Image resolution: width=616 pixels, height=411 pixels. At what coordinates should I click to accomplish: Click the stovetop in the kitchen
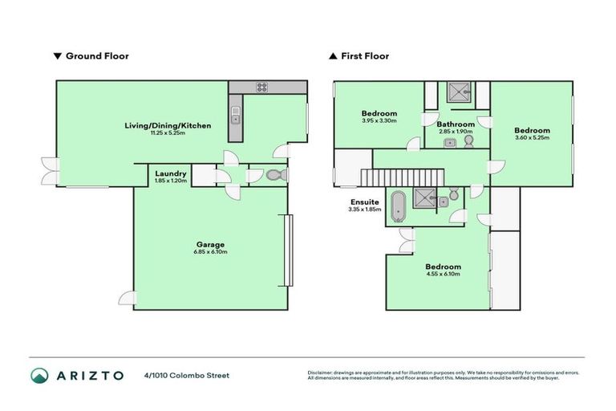click(261, 87)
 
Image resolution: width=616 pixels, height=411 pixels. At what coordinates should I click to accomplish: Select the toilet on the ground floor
click(274, 175)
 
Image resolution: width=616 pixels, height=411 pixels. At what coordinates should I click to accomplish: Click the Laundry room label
click(171, 173)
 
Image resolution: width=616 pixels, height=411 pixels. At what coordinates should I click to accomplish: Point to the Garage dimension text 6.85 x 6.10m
click(210, 252)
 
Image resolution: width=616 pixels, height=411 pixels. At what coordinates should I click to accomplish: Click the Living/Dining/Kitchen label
click(168, 125)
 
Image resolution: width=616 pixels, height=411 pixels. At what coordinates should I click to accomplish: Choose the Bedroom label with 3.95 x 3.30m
click(379, 114)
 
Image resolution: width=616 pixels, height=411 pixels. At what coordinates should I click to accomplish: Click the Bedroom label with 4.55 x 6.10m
click(443, 267)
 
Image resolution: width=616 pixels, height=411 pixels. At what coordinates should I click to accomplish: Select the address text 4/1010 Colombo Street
click(187, 376)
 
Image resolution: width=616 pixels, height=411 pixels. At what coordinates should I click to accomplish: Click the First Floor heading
click(364, 56)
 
